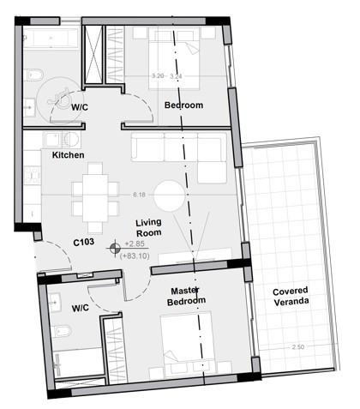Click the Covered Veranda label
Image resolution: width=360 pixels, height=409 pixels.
point(291,297)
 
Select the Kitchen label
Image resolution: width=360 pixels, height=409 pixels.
point(68,155)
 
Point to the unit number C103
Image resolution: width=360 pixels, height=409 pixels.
point(83,243)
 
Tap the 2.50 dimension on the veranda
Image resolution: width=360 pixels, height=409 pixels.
point(298,346)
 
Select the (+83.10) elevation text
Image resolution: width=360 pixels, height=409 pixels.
point(135,256)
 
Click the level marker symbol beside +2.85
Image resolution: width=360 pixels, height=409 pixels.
point(113,250)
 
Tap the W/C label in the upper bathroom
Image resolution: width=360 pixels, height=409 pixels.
point(81,106)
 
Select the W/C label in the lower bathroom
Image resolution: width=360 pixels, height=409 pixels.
point(81,307)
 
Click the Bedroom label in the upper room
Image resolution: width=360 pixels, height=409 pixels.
point(183,105)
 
